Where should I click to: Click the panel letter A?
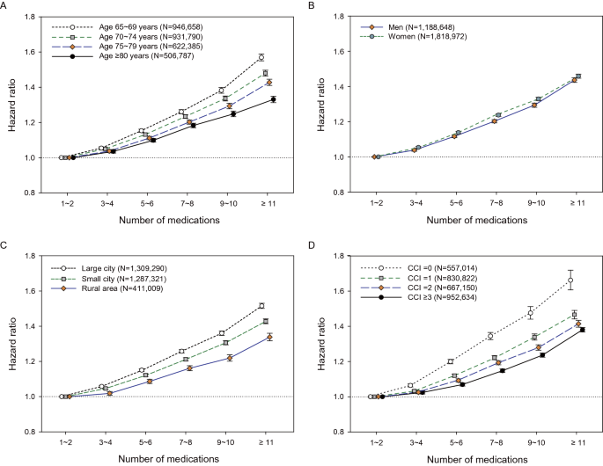(6, 5)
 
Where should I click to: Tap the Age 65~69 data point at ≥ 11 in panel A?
(261, 58)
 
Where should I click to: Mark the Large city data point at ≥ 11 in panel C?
(261, 306)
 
